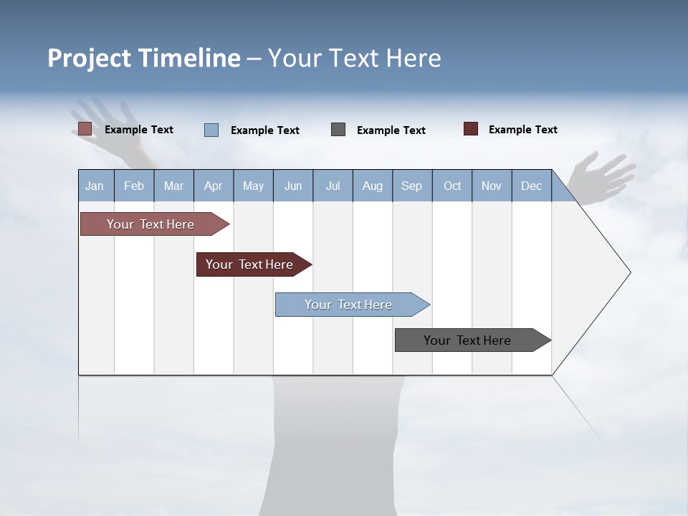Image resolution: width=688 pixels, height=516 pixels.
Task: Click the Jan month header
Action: coord(95,186)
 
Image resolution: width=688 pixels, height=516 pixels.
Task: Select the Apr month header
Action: coord(213,186)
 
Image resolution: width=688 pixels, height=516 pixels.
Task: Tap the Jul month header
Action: coord(333,186)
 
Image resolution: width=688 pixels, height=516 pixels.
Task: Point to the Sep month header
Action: coord(411,186)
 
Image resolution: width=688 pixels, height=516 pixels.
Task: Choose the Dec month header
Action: coord(531,186)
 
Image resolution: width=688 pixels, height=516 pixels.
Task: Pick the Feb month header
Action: coord(134,186)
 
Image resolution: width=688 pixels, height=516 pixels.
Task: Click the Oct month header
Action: coord(452,186)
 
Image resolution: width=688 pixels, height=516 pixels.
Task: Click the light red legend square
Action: coord(85,129)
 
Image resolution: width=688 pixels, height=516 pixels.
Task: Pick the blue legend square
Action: coord(211,130)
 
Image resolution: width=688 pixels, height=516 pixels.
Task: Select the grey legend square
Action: coord(338,130)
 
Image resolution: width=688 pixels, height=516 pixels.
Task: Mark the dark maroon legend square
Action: coord(471,129)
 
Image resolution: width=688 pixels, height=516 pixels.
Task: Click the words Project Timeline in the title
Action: coord(144,58)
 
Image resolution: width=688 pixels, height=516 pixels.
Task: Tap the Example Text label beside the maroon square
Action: coord(522,130)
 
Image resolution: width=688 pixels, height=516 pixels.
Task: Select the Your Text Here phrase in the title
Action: coord(354,58)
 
